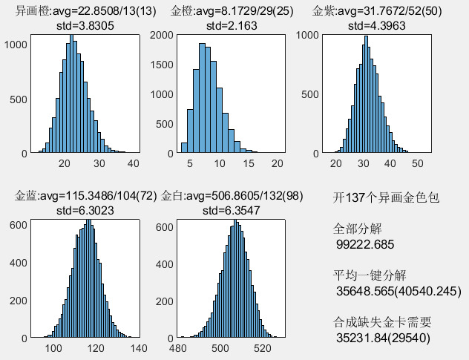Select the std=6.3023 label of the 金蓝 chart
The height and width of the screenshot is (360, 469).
[x=86, y=211]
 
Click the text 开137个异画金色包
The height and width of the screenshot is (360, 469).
[x=387, y=199]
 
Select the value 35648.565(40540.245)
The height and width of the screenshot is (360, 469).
[x=399, y=291]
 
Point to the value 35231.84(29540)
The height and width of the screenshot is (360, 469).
[x=383, y=338]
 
